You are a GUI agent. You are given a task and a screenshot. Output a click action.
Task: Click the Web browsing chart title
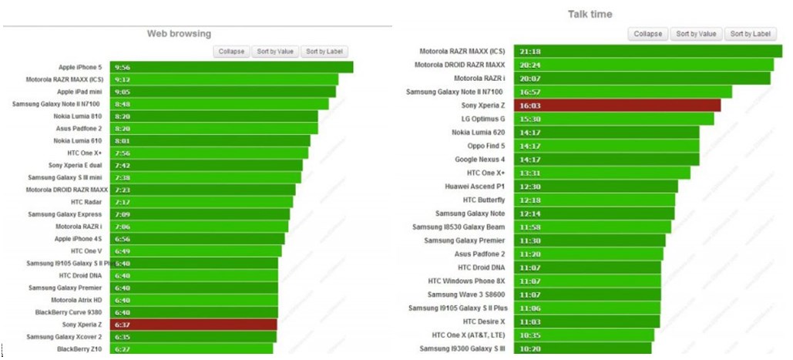tap(179, 33)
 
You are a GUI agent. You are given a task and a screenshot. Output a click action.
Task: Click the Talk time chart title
tap(590, 14)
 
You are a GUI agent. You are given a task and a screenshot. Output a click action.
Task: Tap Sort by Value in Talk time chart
tap(696, 34)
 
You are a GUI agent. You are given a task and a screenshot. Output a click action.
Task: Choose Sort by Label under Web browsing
tap(324, 52)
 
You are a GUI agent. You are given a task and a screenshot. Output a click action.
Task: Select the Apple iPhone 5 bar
tap(231, 67)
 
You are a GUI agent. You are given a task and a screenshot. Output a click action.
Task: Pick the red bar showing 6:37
tap(193, 325)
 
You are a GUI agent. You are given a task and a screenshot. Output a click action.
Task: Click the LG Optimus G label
tap(483, 119)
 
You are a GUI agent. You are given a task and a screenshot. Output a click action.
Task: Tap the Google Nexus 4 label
tap(480, 160)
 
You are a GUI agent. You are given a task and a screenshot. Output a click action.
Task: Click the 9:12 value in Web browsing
tap(122, 79)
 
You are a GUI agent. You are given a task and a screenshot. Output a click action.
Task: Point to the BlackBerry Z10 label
tap(79, 349)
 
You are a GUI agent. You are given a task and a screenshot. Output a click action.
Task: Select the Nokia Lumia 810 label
tap(78, 116)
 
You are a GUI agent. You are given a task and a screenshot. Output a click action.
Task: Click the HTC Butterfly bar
tap(593, 200)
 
